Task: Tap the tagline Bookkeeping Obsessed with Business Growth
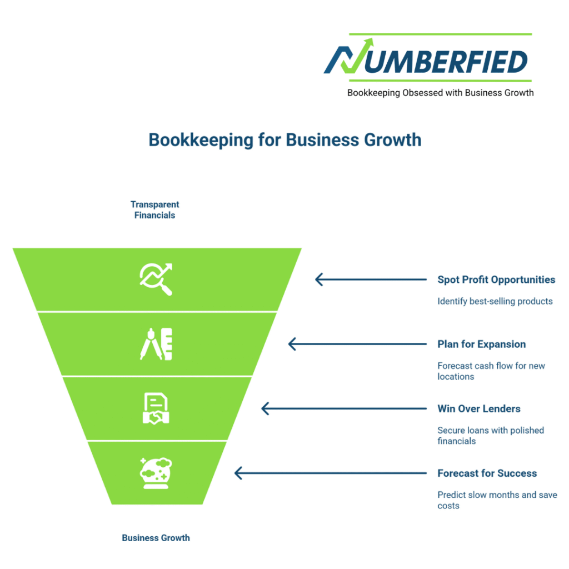(440, 93)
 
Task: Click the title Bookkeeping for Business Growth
(284, 139)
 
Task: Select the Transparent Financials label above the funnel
(154, 210)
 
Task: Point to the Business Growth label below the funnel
(156, 538)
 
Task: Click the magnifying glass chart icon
(156, 279)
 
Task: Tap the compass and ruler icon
(156, 344)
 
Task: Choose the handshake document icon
(156, 409)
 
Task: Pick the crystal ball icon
(156, 473)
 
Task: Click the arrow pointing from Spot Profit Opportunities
(370, 279)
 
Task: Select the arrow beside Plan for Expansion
(357, 345)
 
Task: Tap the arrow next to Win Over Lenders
(343, 409)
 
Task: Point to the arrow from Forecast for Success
(330, 473)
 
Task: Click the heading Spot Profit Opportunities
(496, 279)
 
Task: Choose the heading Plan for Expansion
(481, 345)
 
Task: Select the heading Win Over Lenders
(479, 409)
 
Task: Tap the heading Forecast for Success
(487, 473)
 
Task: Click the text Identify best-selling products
(495, 301)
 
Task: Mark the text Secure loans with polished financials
(491, 436)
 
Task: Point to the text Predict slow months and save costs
(497, 500)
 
